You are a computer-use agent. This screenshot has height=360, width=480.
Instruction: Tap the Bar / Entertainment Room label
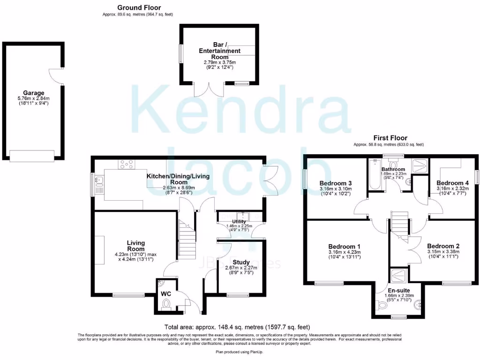click(219, 51)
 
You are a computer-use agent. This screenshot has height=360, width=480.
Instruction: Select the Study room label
click(241, 262)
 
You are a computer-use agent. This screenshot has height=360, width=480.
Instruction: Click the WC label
click(166, 294)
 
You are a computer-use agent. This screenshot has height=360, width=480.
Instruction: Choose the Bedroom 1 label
click(345, 247)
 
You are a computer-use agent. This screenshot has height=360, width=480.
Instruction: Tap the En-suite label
click(399, 291)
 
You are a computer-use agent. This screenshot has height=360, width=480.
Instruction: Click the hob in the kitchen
click(127, 165)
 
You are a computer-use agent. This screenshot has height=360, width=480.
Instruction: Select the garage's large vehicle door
click(32, 156)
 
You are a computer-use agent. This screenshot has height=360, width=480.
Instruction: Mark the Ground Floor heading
click(139, 7)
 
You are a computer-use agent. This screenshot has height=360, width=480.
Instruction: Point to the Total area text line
click(236, 327)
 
